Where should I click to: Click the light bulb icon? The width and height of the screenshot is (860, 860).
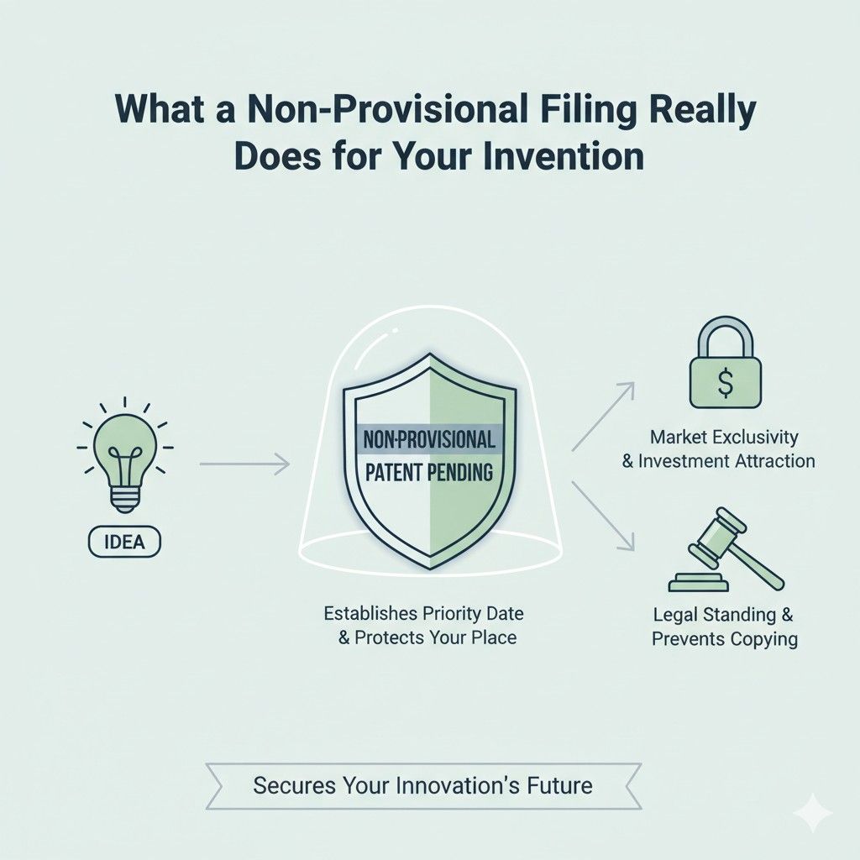(123, 458)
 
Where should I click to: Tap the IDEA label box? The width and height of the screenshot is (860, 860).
(124, 542)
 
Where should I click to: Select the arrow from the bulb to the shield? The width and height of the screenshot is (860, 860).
(244, 462)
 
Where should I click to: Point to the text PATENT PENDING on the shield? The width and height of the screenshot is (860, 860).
(429, 472)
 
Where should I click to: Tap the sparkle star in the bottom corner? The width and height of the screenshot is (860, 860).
(813, 813)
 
